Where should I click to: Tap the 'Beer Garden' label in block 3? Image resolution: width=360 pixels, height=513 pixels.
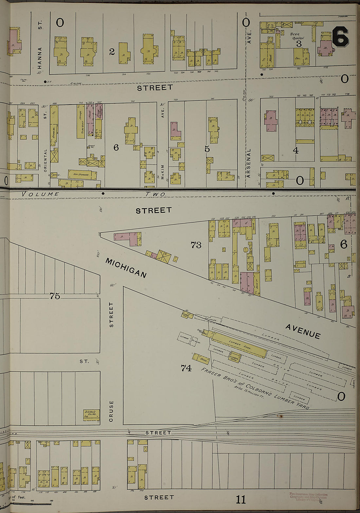(x=297, y=36)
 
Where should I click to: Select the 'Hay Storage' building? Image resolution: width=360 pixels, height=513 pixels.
(x=82, y=175)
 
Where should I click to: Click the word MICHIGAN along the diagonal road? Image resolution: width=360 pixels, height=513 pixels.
(x=126, y=268)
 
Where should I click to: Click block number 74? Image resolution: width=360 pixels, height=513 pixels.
(x=186, y=368)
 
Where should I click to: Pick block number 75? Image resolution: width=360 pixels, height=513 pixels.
(x=55, y=296)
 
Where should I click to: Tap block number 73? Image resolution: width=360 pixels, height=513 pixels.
(x=196, y=245)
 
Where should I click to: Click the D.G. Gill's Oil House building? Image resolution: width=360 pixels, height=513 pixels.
(x=91, y=415)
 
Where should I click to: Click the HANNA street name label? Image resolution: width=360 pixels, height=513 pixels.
(x=40, y=56)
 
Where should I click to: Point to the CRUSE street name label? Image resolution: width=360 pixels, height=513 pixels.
(x=111, y=411)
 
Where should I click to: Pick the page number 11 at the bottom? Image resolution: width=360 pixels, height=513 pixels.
(x=241, y=500)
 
